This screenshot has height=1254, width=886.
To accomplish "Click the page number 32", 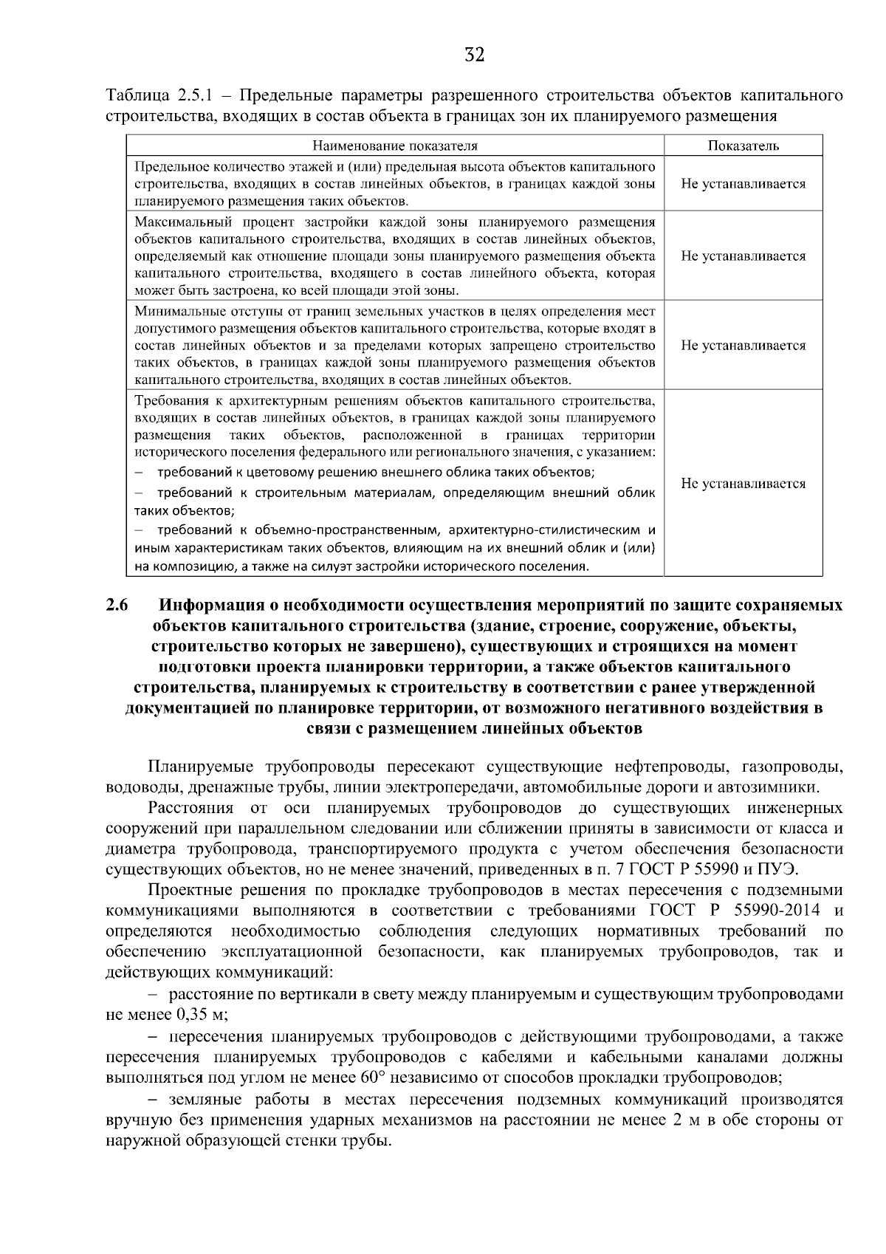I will [x=474, y=55].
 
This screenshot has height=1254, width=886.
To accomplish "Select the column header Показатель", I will [x=744, y=146].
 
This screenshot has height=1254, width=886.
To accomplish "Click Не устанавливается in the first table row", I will [x=744, y=184].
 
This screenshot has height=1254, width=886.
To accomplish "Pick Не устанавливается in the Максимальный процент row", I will [x=744, y=256].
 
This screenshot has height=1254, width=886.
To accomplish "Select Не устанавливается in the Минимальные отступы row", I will [x=744, y=345].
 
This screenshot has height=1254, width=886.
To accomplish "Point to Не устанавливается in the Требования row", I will [x=744, y=484].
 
